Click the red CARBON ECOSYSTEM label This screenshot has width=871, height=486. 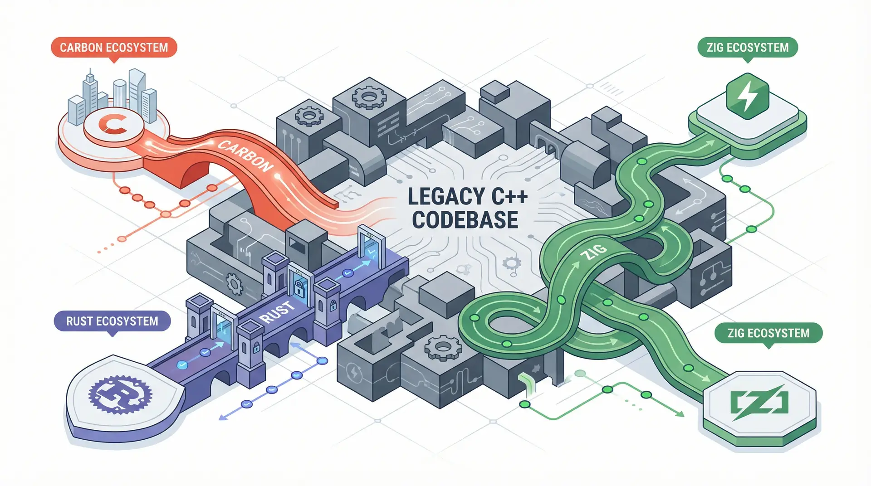[114, 48]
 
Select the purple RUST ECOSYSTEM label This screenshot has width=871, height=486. [112, 321]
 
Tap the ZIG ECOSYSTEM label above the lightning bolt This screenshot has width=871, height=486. [747, 48]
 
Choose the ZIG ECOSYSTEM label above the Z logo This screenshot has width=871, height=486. [768, 333]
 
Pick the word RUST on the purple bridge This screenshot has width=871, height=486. [277, 312]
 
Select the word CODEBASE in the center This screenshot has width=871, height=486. [465, 220]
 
